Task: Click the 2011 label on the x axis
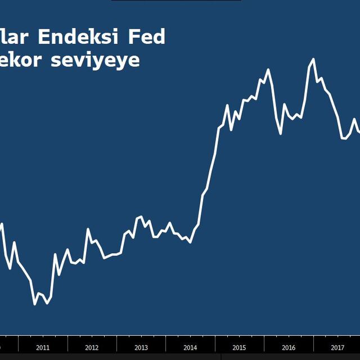(43, 348)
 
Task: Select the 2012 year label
(92, 348)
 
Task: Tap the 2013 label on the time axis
(141, 348)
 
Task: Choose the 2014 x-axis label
(190, 348)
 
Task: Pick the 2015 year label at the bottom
(239, 348)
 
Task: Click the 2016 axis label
(289, 348)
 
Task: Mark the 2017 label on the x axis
(337, 348)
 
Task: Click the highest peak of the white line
(313, 59)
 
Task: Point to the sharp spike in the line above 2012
(88, 229)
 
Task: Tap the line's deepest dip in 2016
(281, 134)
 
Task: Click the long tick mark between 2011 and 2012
(67, 343)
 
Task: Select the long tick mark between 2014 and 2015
(215, 343)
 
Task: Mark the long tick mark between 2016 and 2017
(313, 343)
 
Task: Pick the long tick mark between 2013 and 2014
(165, 343)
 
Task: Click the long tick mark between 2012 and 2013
(116, 343)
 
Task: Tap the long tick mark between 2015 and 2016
(264, 343)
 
